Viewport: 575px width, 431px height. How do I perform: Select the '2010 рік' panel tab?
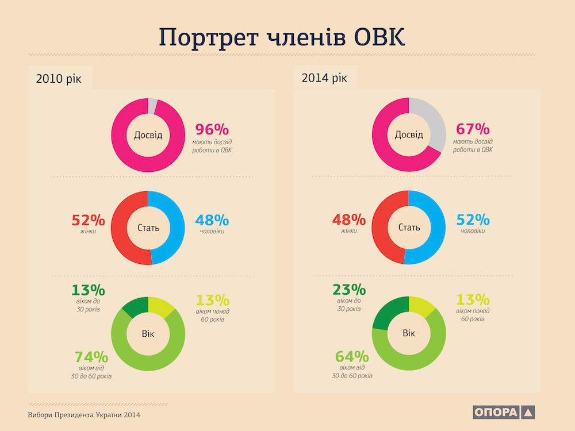click(x=59, y=79)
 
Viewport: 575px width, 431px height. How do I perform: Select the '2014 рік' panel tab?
click(x=325, y=78)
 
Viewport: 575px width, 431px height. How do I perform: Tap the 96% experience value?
click(x=213, y=129)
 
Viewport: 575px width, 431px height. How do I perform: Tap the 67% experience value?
click(x=473, y=129)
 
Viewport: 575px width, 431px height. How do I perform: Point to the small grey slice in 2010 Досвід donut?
click(x=152, y=105)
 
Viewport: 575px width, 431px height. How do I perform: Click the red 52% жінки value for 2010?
click(x=88, y=220)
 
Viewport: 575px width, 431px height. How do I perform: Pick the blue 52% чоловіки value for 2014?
click(x=473, y=220)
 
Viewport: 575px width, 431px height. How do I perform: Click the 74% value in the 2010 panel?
click(x=91, y=357)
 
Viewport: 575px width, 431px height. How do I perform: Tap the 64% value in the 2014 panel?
click(x=352, y=357)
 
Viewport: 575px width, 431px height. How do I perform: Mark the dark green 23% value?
click(x=349, y=290)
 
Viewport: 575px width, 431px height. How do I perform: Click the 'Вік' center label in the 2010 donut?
click(x=148, y=334)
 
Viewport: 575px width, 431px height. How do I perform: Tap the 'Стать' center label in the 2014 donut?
click(x=409, y=228)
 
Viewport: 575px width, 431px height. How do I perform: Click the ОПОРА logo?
click(x=504, y=412)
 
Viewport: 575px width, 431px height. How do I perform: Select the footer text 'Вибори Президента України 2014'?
click(x=84, y=415)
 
